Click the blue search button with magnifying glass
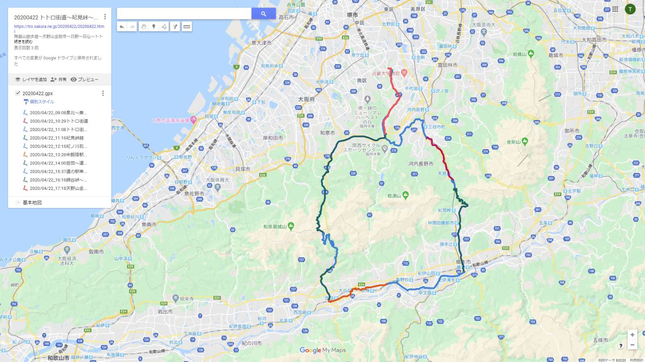pyautogui.click(x=263, y=14)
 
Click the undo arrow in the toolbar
pyautogui.click(x=122, y=27)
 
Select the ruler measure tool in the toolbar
pyautogui.click(x=186, y=27)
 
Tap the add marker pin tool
pyautogui.click(x=154, y=27)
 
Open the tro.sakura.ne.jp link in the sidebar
pyautogui.click(x=59, y=27)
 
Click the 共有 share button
pyautogui.click(x=58, y=79)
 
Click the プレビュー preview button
pyautogui.click(x=84, y=79)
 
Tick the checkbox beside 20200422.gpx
pyautogui.click(x=18, y=93)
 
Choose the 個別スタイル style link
pyautogui.click(x=42, y=102)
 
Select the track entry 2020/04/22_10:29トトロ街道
pyautogui.click(x=58, y=121)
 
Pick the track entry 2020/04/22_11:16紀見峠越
pyautogui.click(x=56, y=138)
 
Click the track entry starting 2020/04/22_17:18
pyautogui.click(x=58, y=188)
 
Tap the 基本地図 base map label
pyautogui.click(x=32, y=202)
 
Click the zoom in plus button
pyautogui.click(x=632, y=335)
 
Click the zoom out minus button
pyautogui.click(x=632, y=345)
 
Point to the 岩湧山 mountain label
pyautogui.click(x=394, y=196)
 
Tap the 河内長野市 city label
pyautogui.click(x=421, y=164)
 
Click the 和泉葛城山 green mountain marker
pyautogui.click(x=291, y=226)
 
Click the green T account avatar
pyautogui.click(x=630, y=9)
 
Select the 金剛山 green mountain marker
pyautogui.click(x=525, y=141)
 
